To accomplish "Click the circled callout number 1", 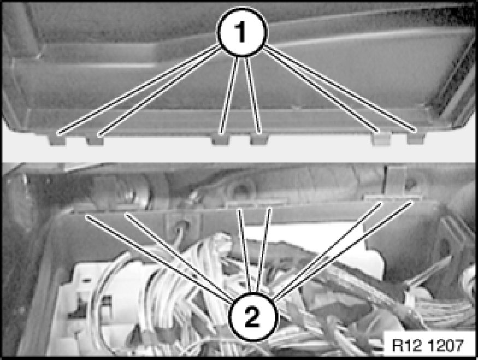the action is [x=241, y=32].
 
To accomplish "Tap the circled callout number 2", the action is [x=253, y=317].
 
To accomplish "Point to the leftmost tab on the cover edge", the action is [x=57, y=139].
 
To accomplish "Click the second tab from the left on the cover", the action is [x=95, y=140].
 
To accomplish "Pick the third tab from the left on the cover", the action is [x=220, y=139].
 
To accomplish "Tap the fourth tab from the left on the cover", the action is [x=259, y=139].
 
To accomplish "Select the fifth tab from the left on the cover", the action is [x=381, y=139].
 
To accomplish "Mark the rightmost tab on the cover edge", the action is [x=416, y=138].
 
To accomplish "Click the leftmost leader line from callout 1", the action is [x=138, y=89].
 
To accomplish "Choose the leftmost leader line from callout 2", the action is [x=158, y=258].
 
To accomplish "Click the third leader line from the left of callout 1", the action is [x=229, y=95].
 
